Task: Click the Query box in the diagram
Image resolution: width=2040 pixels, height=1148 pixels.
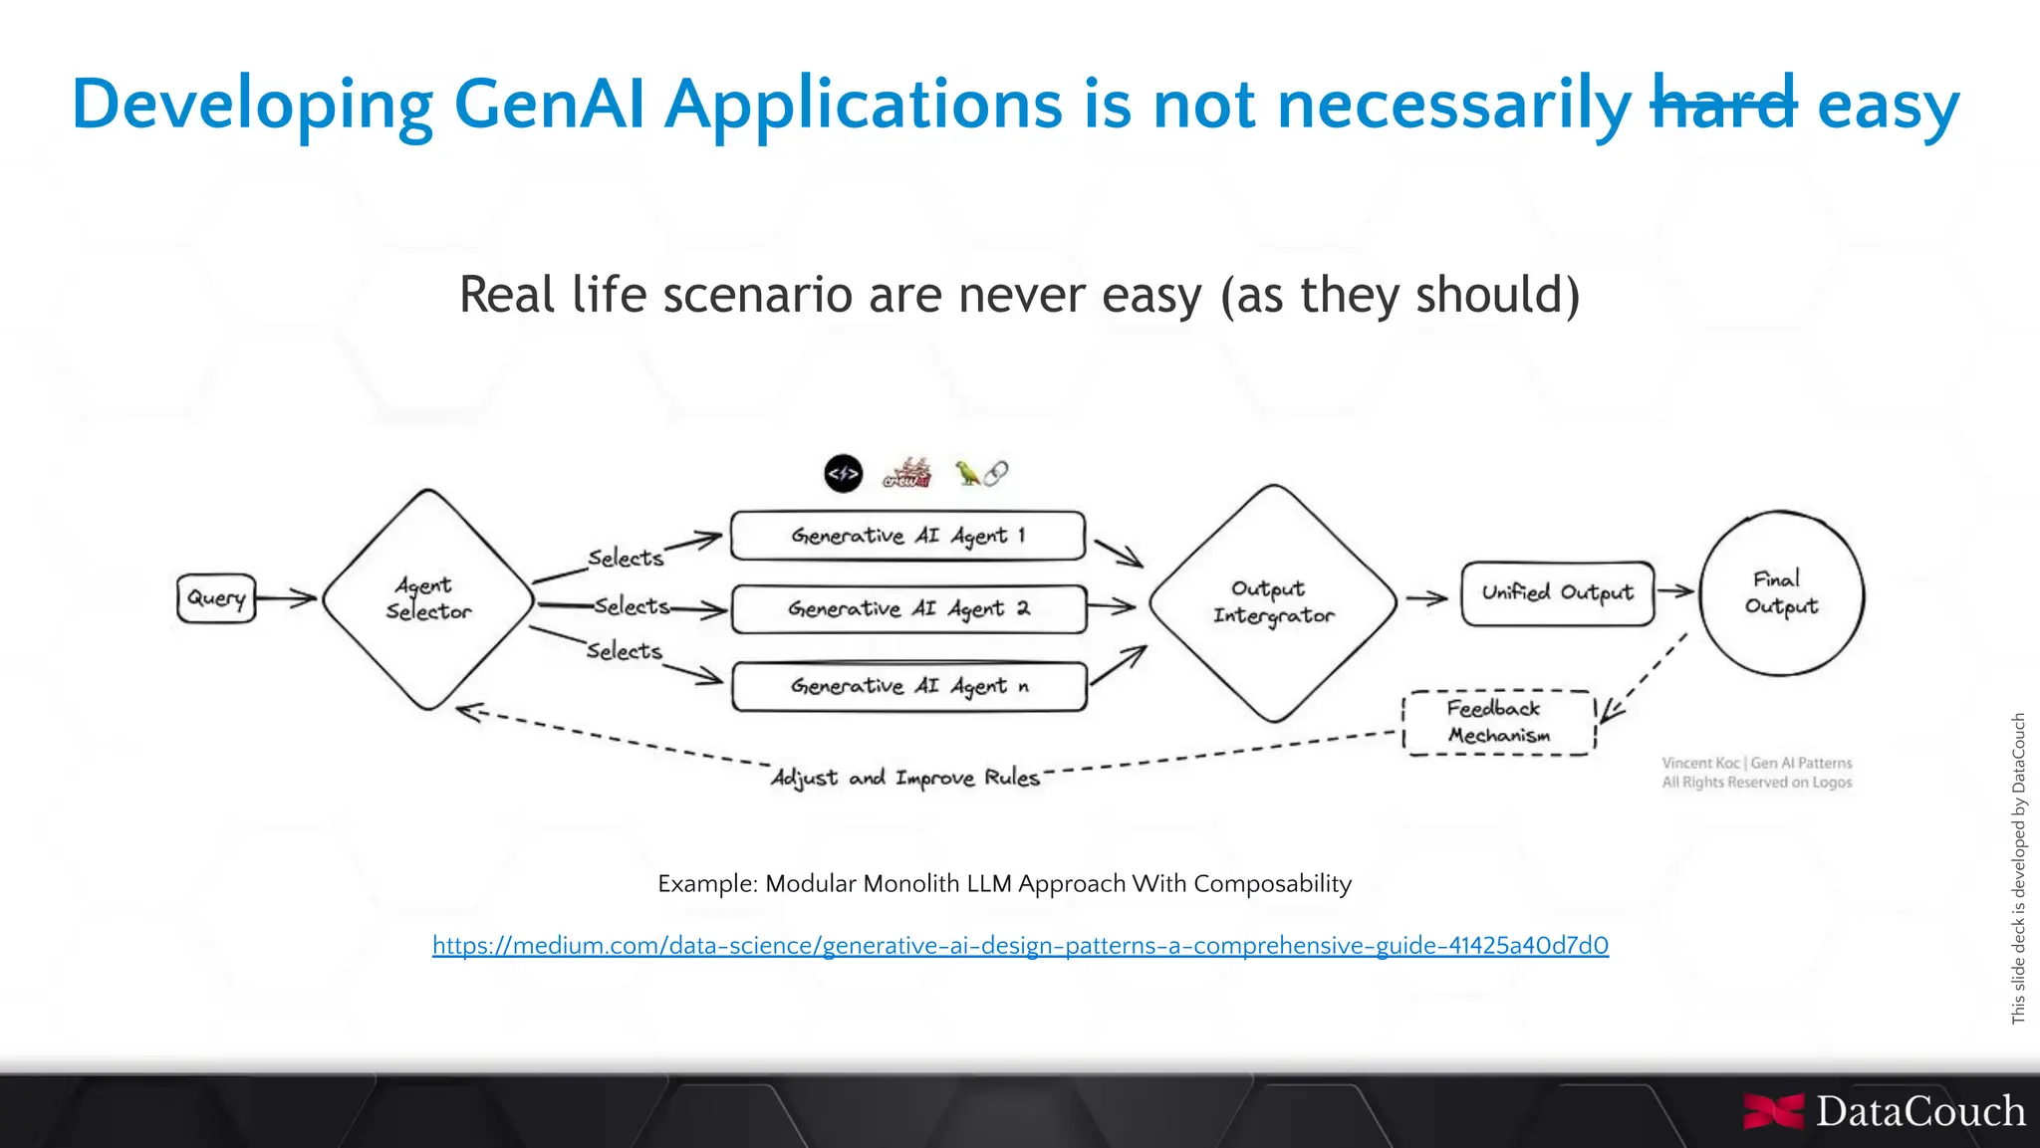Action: tap(216, 598)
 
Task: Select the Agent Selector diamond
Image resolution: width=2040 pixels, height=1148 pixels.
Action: tap(428, 599)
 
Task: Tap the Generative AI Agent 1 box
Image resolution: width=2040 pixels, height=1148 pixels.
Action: tap(907, 536)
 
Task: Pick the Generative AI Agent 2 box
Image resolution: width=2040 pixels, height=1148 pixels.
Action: tap(907, 608)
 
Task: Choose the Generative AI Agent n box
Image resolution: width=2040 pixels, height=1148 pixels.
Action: tap(907, 686)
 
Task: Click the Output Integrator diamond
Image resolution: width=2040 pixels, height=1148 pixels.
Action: tap(1273, 602)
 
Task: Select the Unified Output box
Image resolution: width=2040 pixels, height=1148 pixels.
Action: tap(1557, 593)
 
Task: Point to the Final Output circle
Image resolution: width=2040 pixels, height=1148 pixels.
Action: tap(1781, 593)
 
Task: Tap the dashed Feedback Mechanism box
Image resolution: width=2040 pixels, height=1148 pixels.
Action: tap(1498, 722)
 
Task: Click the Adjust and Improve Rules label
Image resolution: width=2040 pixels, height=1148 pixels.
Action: tap(904, 778)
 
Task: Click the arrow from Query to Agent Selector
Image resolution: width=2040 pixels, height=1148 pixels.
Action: tap(287, 598)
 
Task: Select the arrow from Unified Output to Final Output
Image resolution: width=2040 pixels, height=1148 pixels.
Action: tap(1675, 591)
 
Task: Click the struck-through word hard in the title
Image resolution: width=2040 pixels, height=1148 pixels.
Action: tap(1723, 104)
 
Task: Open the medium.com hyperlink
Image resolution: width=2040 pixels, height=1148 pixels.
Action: tap(1020, 945)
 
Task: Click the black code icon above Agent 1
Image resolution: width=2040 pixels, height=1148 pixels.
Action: tap(843, 474)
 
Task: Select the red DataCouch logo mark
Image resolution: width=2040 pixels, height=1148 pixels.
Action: tap(1773, 1111)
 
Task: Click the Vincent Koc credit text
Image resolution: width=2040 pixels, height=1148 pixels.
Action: tap(1757, 773)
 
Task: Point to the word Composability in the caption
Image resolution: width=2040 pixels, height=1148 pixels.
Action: tap(1272, 883)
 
